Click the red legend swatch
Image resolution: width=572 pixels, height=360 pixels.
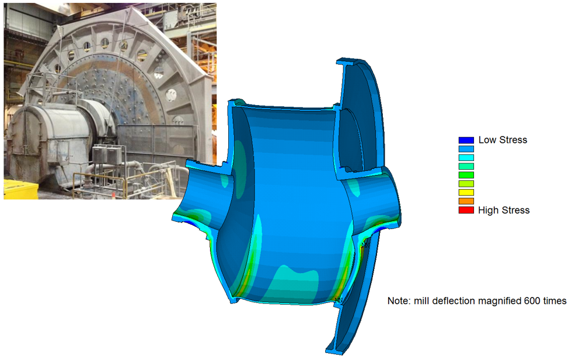coord(466,210)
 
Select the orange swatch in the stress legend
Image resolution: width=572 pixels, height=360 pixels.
coord(466,201)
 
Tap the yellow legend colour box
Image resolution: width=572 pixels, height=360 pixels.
coord(466,193)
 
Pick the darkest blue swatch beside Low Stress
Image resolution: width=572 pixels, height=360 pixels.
coord(466,140)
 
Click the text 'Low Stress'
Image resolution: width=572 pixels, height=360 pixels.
coord(503,140)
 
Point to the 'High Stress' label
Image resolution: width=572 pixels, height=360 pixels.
coord(504,210)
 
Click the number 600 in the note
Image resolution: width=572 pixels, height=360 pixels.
coord(532,301)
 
